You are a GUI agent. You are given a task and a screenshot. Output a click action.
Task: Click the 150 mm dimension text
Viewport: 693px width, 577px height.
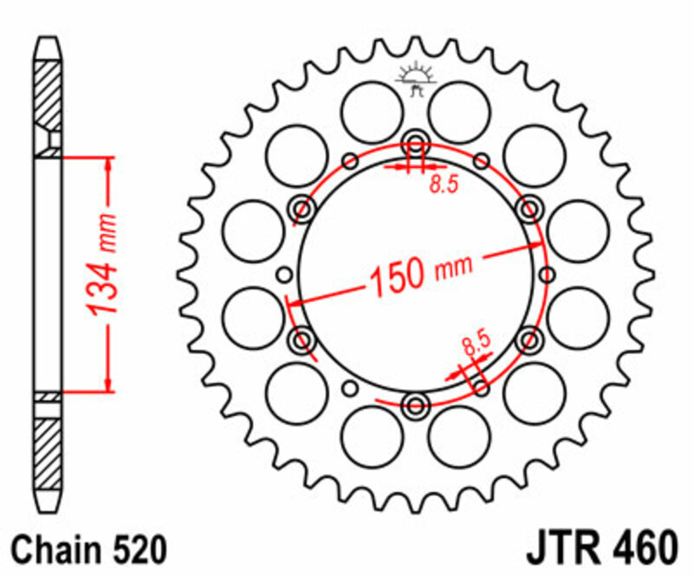[x=422, y=273]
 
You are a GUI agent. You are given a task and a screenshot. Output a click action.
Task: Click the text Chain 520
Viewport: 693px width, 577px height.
[x=87, y=549]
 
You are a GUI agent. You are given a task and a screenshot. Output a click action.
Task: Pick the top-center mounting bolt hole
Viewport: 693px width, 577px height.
[x=415, y=144]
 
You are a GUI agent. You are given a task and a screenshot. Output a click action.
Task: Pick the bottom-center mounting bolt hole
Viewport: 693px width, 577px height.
[x=416, y=404]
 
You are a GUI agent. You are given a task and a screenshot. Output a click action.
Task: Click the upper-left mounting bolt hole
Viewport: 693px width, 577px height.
[x=303, y=208]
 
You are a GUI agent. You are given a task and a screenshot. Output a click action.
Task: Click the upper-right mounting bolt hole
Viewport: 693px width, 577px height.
[x=528, y=208]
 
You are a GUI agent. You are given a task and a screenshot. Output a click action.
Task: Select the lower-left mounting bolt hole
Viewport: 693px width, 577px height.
[x=303, y=339]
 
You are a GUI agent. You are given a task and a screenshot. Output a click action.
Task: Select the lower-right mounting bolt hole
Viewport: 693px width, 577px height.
[x=528, y=339]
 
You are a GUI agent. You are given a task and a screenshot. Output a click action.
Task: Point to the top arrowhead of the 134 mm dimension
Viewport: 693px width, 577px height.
[x=107, y=165]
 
